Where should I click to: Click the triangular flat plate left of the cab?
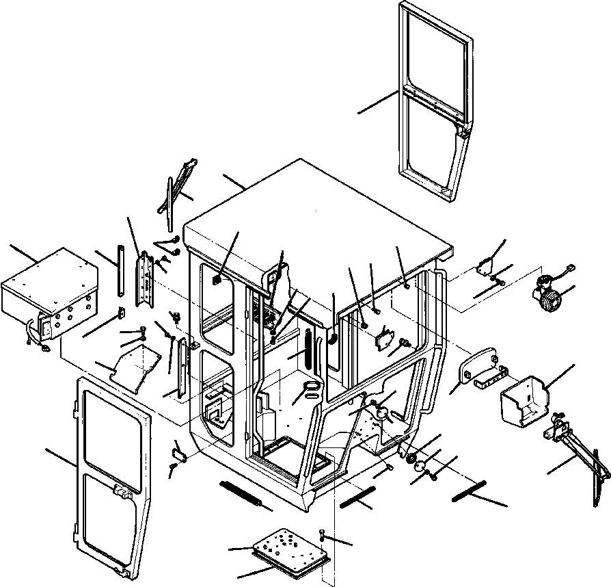(x=137, y=362)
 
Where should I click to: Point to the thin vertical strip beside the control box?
(x=121, y=271)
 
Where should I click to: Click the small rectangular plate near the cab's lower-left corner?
(x=179, y=451)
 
